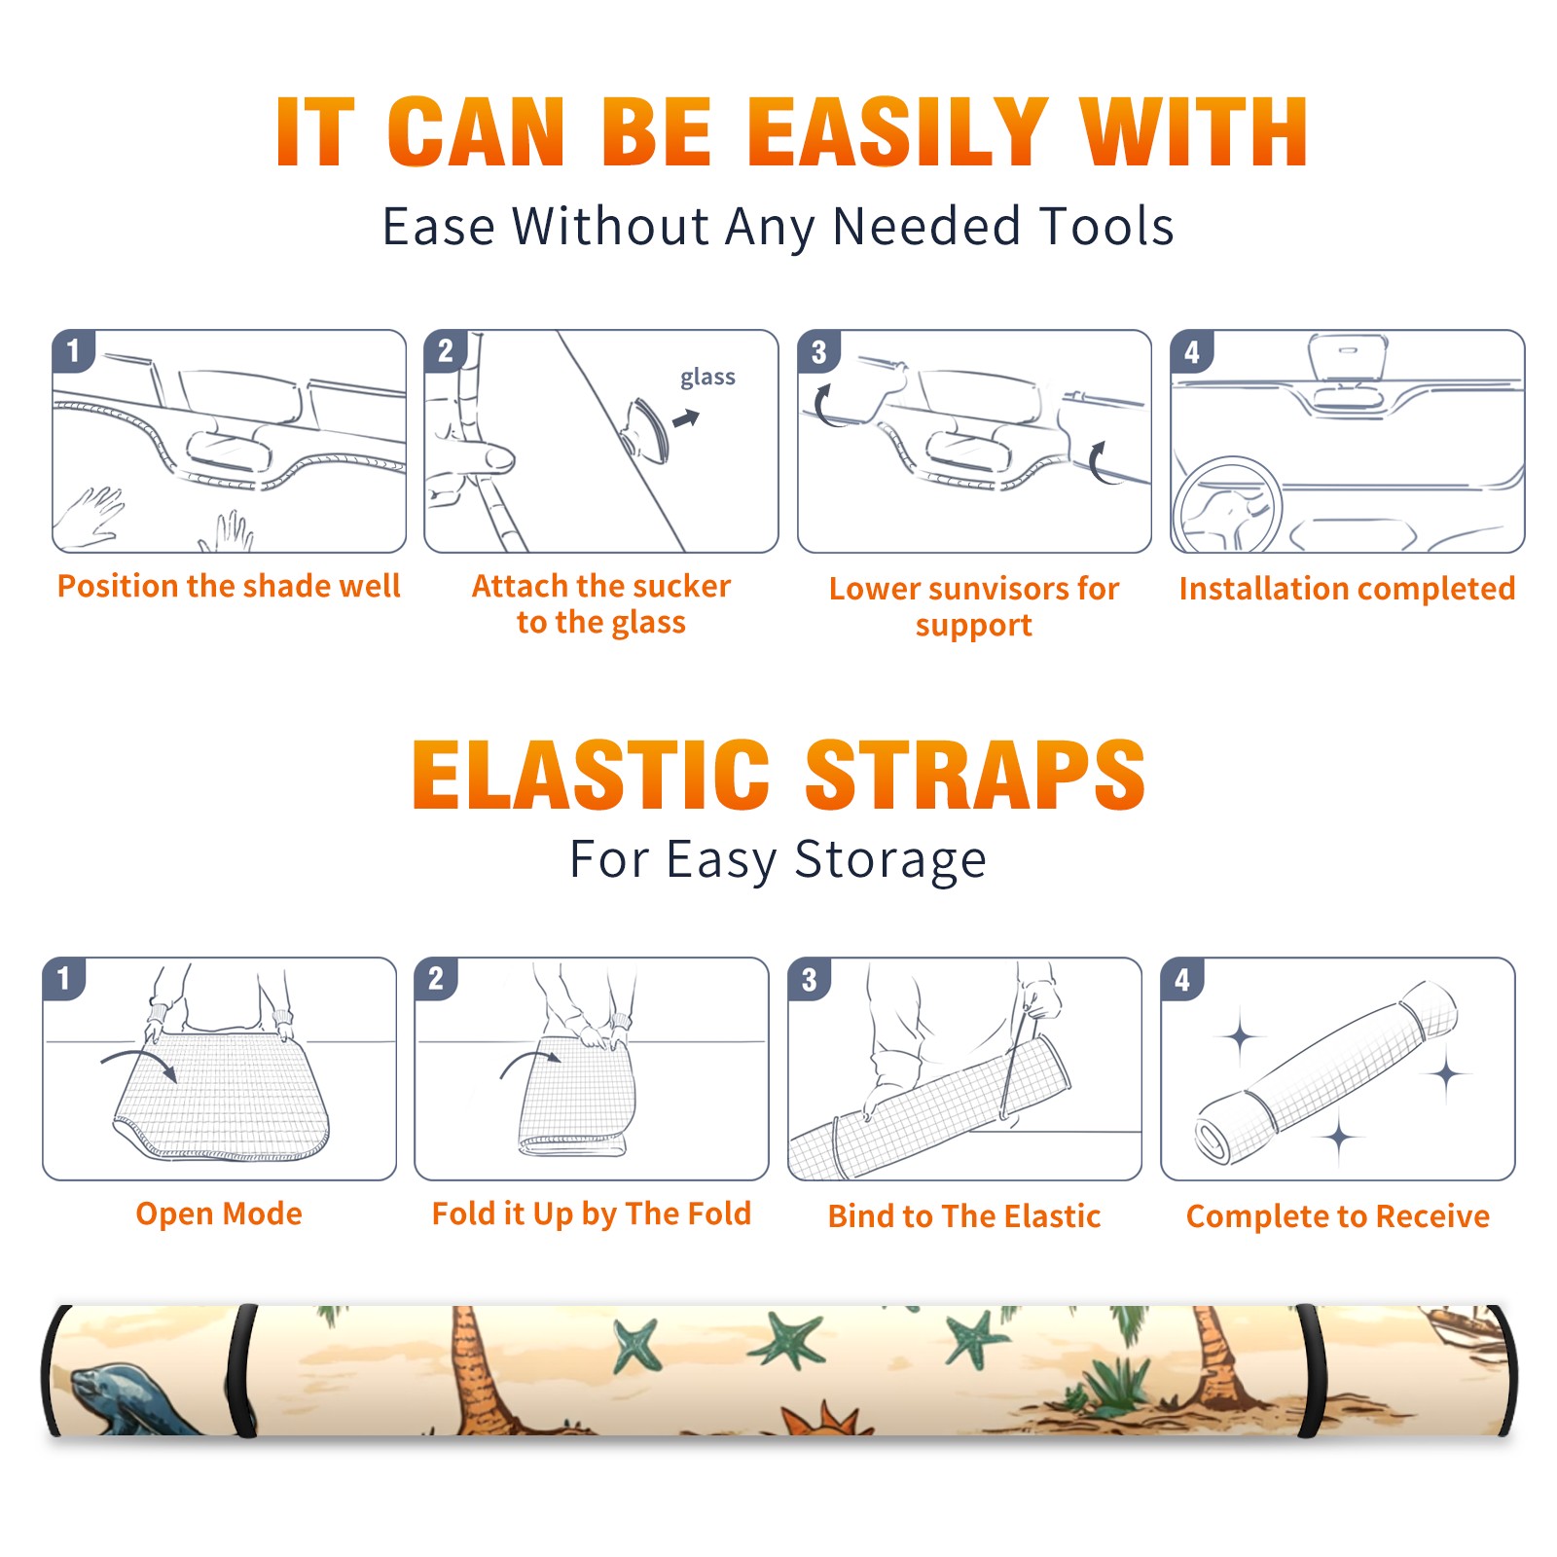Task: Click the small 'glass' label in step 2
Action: point(707,378)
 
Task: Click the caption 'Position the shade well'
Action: point(229,586)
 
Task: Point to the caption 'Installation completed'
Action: point(1347,588)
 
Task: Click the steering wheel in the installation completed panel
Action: point(1226,506)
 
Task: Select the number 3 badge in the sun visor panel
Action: point(818,351)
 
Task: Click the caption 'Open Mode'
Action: point(219,1213)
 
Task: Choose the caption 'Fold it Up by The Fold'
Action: point(592,1213)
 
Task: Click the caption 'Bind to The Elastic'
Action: point(964,1216)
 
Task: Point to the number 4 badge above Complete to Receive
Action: point(1182,979)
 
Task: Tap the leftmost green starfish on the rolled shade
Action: point(635,1345)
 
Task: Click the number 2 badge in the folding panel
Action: point(436,979)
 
